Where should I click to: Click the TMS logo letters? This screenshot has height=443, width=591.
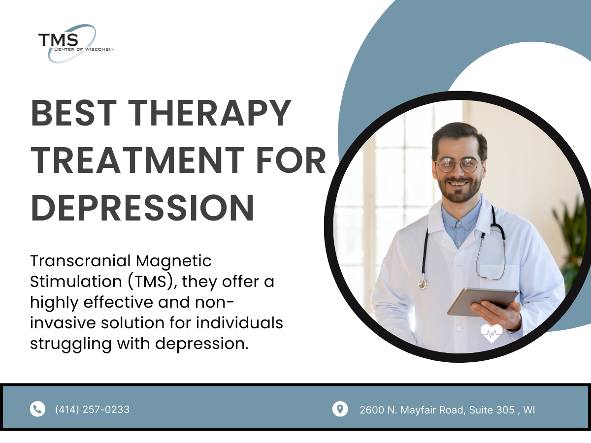pyautogui.click(x=58, y=39)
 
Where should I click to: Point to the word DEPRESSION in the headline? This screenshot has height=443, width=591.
pyautogui.click(x=143, y=207)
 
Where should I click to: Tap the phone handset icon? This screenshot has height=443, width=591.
pyautogui.click(x=37, y=409)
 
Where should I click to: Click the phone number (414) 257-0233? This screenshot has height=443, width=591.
pyautogui.click(x=93, y=409)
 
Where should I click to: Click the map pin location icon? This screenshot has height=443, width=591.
pyautogui.click(x=340, y=409)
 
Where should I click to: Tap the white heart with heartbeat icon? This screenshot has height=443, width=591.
pyautogui.click(x=492, y=334)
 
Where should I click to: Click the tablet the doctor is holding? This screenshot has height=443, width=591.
pyautogui.click(x=483, y=301)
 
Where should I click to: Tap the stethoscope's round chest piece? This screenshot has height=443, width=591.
pyautogui.click(x=423, y=284)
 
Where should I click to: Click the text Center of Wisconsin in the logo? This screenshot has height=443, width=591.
pyautogui.click(x=85, y=49)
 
